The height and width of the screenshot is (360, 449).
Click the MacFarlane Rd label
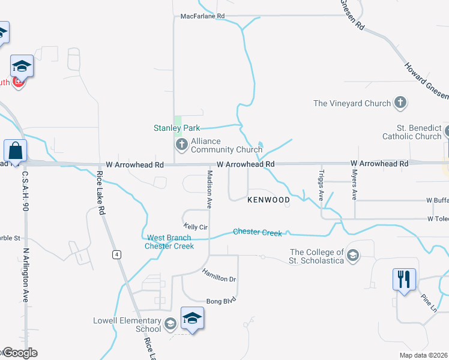coord(202,16)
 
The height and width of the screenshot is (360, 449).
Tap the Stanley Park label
coord(176,128)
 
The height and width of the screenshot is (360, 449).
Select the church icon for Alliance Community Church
coord(181,145)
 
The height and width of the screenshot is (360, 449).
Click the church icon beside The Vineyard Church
coord(400,103)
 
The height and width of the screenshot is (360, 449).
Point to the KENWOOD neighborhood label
coord(269,199)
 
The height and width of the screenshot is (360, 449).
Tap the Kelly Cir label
coord(195,227)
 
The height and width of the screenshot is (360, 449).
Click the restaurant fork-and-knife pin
coord(403,279)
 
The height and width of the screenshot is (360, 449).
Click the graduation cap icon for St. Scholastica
coord(352,256)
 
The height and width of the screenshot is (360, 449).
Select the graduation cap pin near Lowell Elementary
coord(192,317)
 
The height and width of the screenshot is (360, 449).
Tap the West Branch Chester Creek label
coord(170,242)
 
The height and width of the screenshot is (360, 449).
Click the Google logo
coord(19,353)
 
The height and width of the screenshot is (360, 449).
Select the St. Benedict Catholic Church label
coord(411,132)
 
